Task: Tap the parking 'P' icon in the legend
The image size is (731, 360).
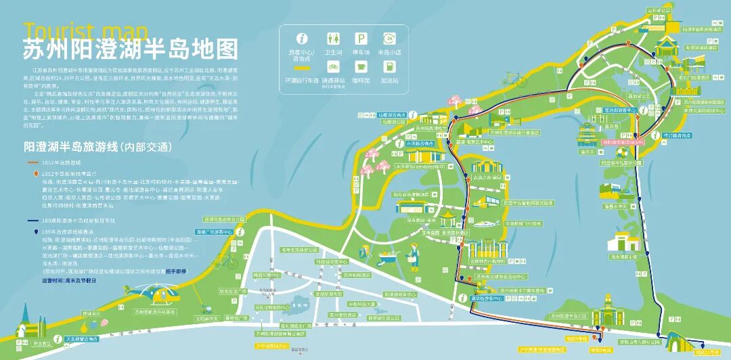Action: click(x=362, y=39)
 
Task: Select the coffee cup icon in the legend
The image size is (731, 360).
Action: click(x=362, y=67)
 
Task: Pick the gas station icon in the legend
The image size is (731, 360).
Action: click(x=389, y=67)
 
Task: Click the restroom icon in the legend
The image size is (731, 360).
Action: click(x=333, y=39)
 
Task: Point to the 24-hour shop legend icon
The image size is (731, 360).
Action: click(x=389, y=39)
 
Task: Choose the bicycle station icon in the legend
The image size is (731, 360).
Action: click(x=333, y=67)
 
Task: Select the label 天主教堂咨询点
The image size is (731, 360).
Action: click(x=84, y=338)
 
